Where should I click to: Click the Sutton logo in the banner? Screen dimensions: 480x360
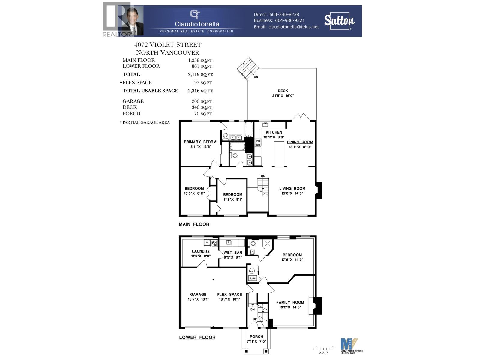click(x=339, y=21)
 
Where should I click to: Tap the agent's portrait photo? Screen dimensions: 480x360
click(x=133, y=21)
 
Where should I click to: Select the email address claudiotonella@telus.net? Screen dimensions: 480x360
click(x=293, y=27)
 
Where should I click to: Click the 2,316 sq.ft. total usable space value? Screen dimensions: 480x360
click(x=200, y=91)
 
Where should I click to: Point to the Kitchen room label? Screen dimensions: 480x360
click(x=274, y=132)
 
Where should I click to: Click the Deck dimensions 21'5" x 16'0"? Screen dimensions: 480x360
click(x=283, y=95)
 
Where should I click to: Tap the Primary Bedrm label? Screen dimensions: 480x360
click(x=200, y=142)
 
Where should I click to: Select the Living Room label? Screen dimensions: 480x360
click(x=292, y=188)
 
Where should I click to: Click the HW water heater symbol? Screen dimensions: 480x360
click(x=252, y=271)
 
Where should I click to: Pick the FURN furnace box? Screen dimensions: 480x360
click(x=252, y=278)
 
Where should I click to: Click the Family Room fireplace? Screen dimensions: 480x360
click(x=315, y=306)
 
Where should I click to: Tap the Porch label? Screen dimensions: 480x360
click(x=256, y=337)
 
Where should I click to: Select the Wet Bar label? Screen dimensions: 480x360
click(x=233, y=253)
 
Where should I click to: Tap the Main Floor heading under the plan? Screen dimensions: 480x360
click(x=194, y=224)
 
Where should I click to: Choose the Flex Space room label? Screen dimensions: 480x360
click(x=229, y=294)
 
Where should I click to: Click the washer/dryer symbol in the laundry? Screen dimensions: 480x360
click(x=214, y=243)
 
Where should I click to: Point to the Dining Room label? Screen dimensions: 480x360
click(x=300, y=142)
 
